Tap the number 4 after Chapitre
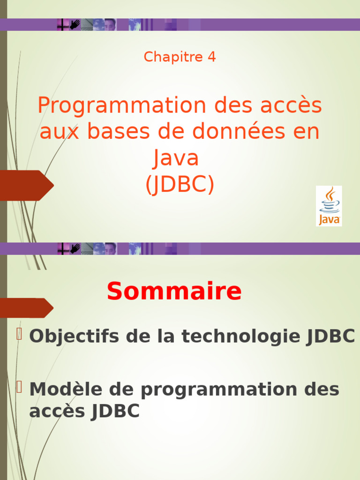212,57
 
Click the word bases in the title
120,132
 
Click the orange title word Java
176,158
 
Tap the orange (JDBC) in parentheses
180,185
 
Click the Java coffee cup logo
329,205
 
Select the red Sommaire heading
174,292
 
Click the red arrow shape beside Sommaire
27,308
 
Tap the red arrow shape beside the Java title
27,185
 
